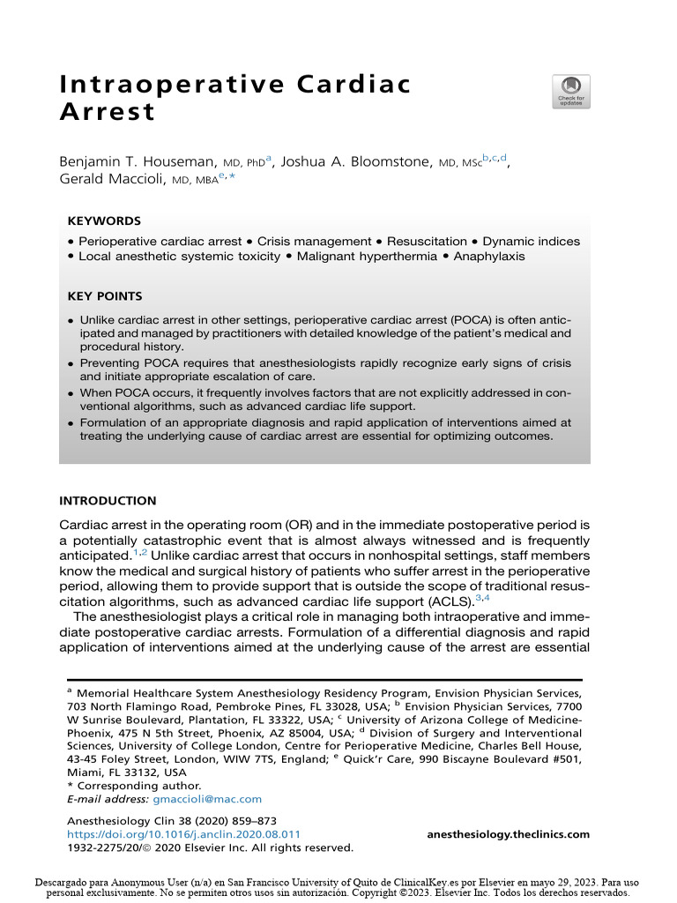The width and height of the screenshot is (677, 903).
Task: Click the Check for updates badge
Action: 570,92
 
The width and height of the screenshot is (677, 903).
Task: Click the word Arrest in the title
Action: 107,113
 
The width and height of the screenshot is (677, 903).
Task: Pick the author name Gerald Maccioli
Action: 112,180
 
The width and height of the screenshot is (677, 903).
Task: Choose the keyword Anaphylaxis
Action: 489,257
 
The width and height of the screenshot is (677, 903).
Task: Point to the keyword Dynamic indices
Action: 532,241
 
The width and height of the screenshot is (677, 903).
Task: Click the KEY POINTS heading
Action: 105,296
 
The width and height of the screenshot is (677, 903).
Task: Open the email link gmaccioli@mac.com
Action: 207,799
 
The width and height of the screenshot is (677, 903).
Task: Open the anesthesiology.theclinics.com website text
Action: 508,834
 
